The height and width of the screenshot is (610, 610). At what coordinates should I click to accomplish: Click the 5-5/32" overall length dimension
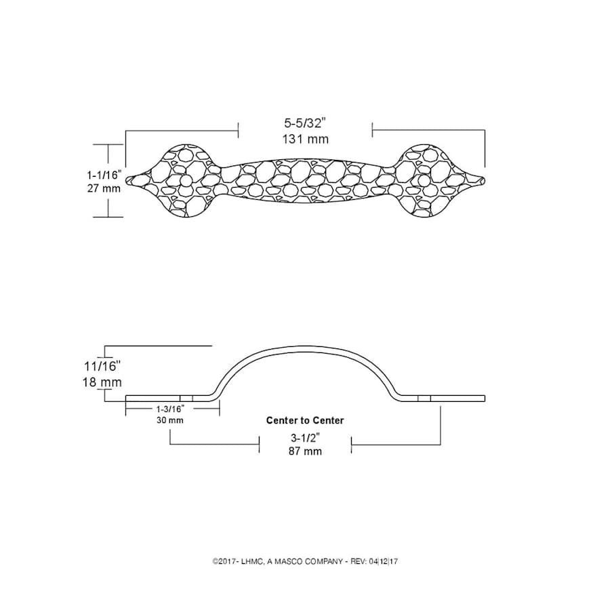(x=305, y=123)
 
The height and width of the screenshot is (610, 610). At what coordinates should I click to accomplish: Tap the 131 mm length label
(x=305, y=139)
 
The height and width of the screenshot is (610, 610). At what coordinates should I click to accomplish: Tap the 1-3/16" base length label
(x=170, y=409)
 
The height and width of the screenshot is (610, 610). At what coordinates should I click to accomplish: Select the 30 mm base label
(x=170, y=420)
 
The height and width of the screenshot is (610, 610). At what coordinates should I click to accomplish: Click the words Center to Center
(x=305, y=420)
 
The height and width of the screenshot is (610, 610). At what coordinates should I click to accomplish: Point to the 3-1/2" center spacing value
(x=305, y=437)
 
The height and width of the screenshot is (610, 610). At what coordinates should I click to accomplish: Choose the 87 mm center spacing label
(x=305, y=451)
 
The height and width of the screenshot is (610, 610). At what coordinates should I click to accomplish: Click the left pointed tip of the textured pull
(x=129, y=180)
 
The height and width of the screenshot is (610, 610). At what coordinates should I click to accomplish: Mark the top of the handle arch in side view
(x=305, y=350)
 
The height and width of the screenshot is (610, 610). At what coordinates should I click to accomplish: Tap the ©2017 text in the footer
(x=226, y=561)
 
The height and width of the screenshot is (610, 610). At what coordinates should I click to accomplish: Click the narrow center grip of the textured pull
(x=305, y=180)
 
